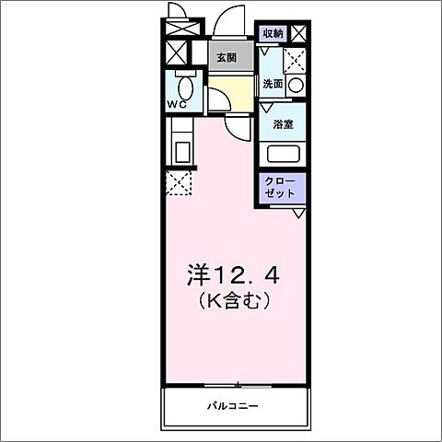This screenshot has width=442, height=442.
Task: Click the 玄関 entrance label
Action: point(227,57)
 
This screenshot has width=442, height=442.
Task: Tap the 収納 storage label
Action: point(273,34)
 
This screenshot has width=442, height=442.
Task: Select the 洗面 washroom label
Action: point(273,84)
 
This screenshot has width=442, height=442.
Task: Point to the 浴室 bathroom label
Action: point(281,122)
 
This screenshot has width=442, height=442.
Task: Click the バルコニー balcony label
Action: point(231,405)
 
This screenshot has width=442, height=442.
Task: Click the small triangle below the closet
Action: point(299,213)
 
